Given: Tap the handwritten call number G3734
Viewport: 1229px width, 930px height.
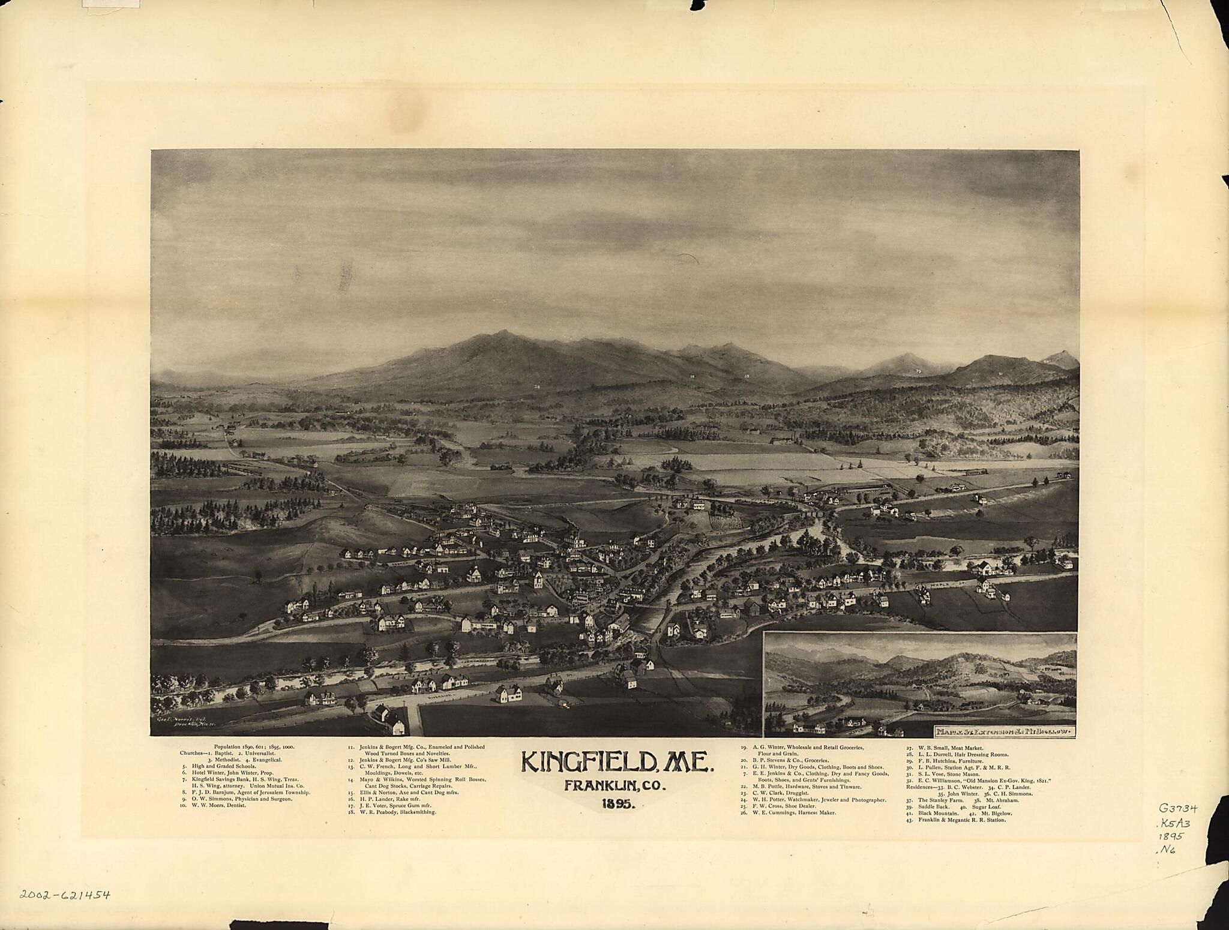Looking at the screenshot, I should tap(1173, 809).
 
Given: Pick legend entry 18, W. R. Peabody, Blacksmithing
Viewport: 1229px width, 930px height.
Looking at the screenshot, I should tap(393, 812).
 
